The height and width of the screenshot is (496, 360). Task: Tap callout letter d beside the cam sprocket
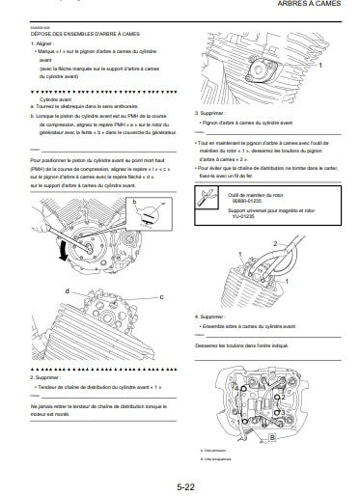pyautogui.click(x=67, y=290)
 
